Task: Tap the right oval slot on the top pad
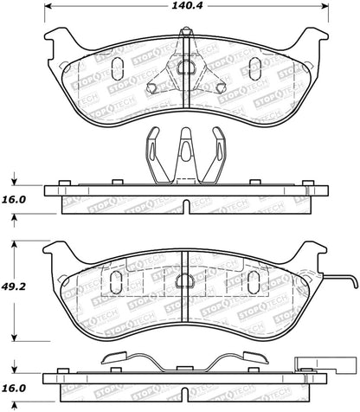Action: [255, 69]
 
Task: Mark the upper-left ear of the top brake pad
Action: [55, 39]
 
